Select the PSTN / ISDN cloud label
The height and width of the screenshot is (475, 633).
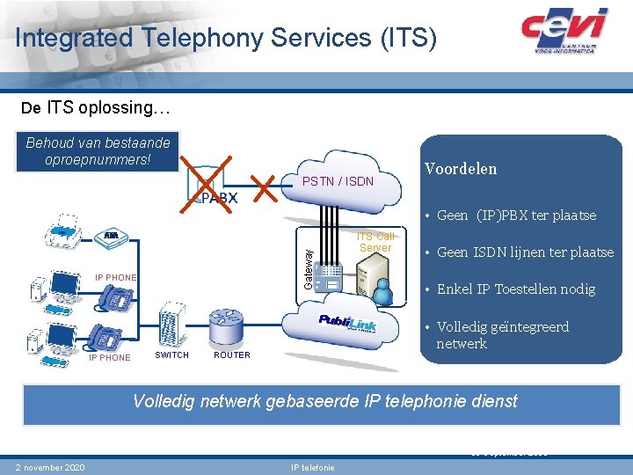pos(338,182)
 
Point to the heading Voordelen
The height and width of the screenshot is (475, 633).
pos(461,169)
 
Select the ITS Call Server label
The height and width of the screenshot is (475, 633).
pos(375,242)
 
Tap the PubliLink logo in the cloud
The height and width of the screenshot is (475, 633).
pos(346,325)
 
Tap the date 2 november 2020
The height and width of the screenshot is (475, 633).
pos(50,467)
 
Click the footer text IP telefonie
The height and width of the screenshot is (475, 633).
pos(312,467)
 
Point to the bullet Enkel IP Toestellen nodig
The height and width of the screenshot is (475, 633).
pos(516,289)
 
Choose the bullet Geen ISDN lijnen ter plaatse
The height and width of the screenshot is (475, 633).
pos(525,252)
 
